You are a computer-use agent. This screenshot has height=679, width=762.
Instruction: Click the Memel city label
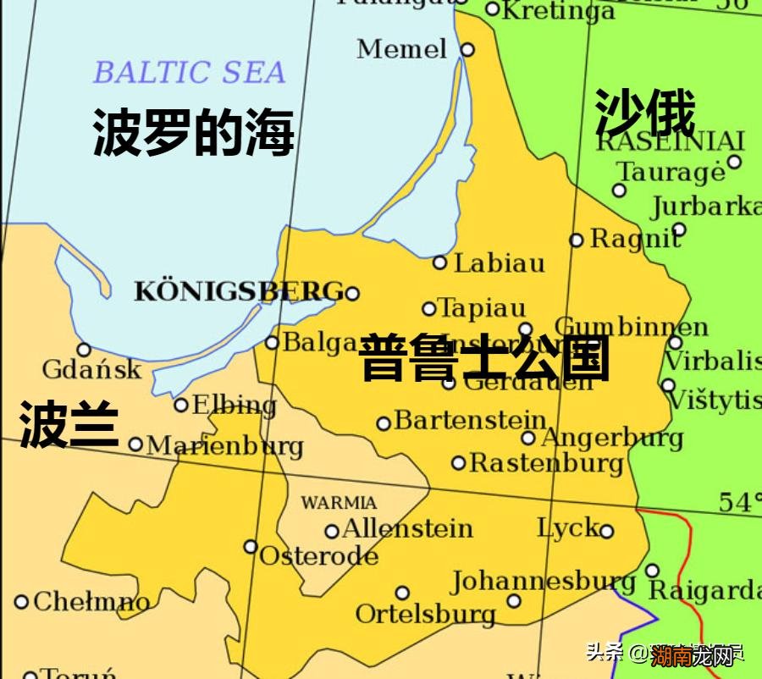pyautogui.click(x=401, y=49)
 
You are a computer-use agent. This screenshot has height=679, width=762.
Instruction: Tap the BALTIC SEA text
pyautogui.click(x=189, y=73)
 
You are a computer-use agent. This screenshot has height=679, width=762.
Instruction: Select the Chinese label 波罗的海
pyautogui.click(x=193, y=133)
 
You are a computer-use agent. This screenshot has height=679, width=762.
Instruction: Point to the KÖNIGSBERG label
pyautogui.click(x=239, y=292)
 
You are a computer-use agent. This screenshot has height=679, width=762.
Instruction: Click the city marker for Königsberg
pyautogui.click(x=352, y=294)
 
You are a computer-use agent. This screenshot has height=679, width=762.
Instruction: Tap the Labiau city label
pyautogui.click(x=500, y=263)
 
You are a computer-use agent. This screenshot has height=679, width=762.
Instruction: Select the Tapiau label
pyautogui.click(x=482, y=308)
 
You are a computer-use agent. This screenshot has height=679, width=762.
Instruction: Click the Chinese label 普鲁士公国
pyautogui.click(x=484, y=358)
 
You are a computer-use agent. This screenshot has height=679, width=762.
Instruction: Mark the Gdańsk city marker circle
pyautogui.click(x=84, y=350)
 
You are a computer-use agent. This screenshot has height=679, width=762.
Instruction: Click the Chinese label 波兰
pyautogui.click(x=69, y=424)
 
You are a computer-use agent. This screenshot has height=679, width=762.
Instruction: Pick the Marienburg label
pyautogui.click(x=224, y=445)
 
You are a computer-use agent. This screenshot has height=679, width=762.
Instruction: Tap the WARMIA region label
pyautogui.click(x=339, y=503)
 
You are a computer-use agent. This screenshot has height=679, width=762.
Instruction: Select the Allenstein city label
pyautogui.click(x=407, y=529)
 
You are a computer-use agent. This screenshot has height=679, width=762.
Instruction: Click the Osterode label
pyautogui.click(x=318, y=556)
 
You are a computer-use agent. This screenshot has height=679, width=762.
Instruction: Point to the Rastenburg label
pyautogui.click(x=546, y=463)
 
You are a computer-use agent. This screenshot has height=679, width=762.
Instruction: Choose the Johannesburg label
pyautogui.click(x=543, y=582)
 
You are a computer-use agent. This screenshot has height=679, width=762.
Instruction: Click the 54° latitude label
pyautogui.click(x=738, y=502)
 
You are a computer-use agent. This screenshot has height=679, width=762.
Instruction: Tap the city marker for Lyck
pyautogui.click(x=606, y=531)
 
